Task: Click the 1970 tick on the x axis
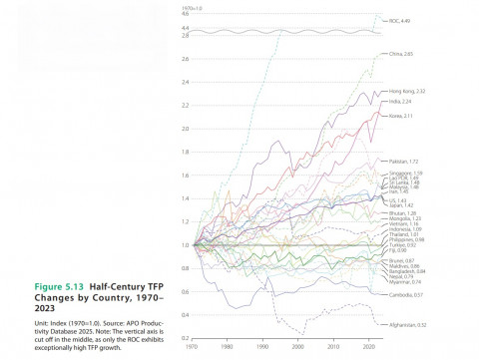click(196, 346)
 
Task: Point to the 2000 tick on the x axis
click(298, 346)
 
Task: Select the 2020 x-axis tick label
click(366, 346)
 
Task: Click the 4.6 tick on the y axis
click(185, 14)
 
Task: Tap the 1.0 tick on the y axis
click(185, 245)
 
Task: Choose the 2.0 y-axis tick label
click(185, 129)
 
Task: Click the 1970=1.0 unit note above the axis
click(192, 7)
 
